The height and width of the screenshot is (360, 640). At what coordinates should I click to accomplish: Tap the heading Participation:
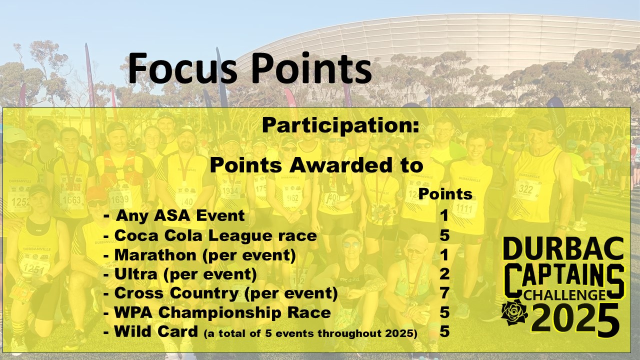[340, 125]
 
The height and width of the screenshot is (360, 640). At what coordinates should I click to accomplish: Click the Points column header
[445, 194]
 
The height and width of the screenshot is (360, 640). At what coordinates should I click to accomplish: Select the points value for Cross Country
[445, 293]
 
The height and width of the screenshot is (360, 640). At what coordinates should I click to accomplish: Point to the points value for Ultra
[445, 274]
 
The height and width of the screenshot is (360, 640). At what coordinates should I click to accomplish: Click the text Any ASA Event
[180, 215]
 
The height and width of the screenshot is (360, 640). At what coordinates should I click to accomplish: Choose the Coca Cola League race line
[210, 235]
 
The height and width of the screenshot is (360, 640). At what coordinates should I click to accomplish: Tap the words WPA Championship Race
[222, 312]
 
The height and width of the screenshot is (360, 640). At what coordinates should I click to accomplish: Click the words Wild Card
[156, 331]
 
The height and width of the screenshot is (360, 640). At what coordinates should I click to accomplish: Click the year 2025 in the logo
[575, 319]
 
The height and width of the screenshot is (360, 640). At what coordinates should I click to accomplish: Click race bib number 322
[525, 189]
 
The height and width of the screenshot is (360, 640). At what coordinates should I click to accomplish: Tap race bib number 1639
[119, 198]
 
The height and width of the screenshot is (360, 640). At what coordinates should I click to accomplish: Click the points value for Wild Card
[445, 331]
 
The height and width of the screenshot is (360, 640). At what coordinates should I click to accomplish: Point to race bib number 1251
[33, 269]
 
